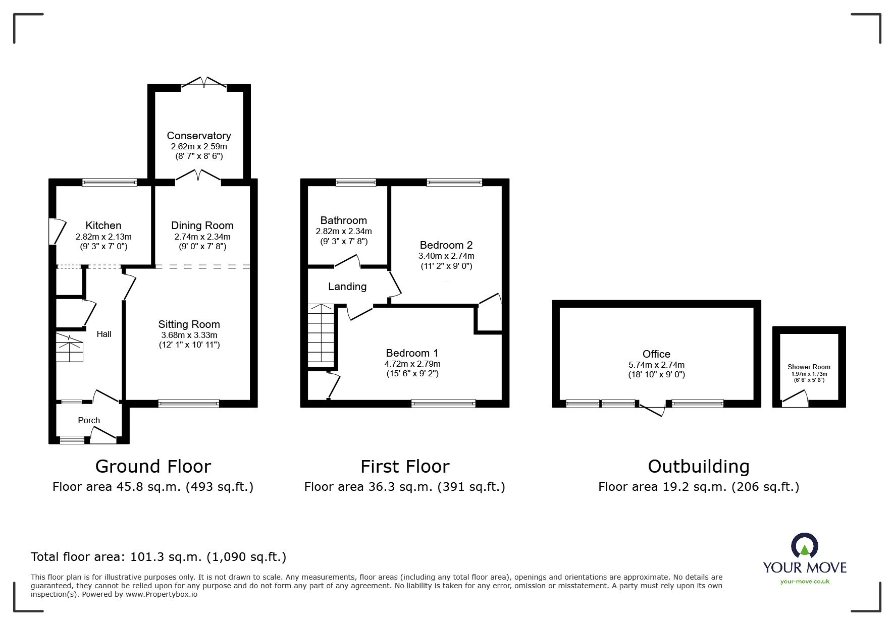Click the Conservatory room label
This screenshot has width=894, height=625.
coord(199,136)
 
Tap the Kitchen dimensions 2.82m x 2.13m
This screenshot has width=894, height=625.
coord(103,237)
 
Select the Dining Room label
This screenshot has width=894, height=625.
coord(202,225)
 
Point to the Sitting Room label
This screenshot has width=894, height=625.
coord(189,324)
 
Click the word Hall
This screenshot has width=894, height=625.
coord(104,334)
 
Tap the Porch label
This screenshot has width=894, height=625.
coord(89,420)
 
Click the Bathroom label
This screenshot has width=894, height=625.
coord(344,220)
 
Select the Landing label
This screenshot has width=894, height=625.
coord(347,287)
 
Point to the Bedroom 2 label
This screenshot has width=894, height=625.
coord(446,245)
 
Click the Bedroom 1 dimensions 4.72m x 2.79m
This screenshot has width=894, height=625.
coord(412,364)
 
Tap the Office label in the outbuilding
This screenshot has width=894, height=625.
coord(657,354)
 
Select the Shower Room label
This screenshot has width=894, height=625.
coord(809,367)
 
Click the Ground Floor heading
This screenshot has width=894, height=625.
coord(153,467)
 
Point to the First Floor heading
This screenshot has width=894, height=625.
coord(405,467)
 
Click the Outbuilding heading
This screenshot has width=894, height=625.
coord(699,467)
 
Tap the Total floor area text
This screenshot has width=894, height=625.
coord(159,557)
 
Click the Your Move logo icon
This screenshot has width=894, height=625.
coord(804,546)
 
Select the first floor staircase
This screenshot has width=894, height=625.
coord(321,336)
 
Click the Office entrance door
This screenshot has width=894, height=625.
coord(653,409)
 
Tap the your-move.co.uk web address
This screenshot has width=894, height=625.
coord(805,582)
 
